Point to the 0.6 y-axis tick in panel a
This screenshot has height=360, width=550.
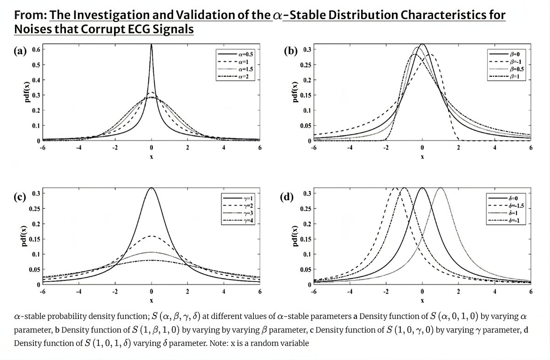(34, 49)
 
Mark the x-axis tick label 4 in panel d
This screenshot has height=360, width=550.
(495, 292)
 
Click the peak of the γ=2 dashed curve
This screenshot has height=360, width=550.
(151, 236)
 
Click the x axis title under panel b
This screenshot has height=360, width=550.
(422, 157)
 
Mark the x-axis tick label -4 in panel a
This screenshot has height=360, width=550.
(79, 148)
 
